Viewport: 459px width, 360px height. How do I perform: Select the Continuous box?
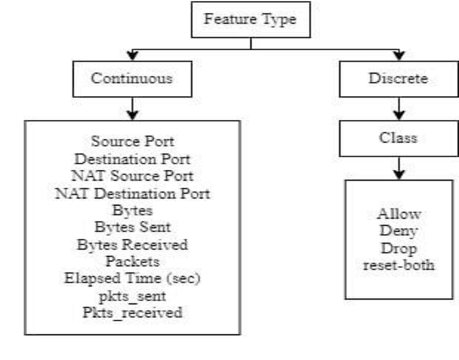[131, 79]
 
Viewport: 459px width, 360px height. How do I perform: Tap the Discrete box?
[398, 79]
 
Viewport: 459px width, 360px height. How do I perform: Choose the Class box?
[398, 138]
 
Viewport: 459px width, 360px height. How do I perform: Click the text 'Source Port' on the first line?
[133, 141]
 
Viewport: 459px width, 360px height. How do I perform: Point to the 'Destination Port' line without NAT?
[133, 158]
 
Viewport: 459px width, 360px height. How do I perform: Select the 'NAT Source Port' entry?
[133, 175]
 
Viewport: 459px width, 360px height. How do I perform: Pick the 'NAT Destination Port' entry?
[133, 192]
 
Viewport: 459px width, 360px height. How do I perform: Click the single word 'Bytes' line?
[133, 209]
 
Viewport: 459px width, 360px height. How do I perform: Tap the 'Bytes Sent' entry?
[133, 227]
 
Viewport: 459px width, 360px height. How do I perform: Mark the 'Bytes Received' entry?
[133, 244]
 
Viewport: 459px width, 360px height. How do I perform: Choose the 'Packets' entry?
[133, 261]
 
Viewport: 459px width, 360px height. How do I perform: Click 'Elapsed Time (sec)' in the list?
[133, 278]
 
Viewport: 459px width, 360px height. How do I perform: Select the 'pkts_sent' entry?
[133, 295]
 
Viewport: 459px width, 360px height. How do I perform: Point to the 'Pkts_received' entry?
[133, 313]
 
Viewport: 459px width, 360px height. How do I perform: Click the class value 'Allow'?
[399, 214]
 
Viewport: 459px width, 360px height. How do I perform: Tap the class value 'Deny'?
[399, 232]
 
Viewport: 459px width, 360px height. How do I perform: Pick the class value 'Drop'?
[399, 249]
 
